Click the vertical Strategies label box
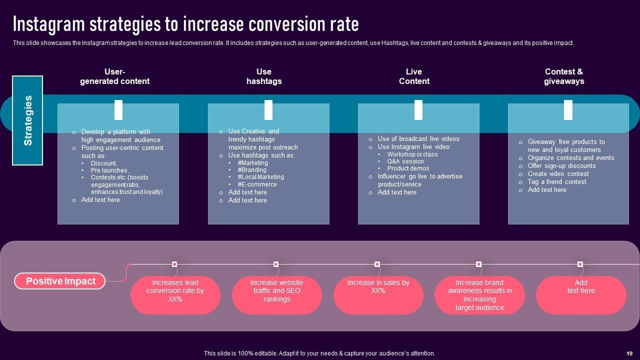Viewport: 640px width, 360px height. pos(27,120)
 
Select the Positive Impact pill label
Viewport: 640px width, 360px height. pos(60,281)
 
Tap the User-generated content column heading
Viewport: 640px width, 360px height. pos(114,76)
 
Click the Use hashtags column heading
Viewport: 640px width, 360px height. pos(264,76)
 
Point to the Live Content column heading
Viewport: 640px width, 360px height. pos(414,76)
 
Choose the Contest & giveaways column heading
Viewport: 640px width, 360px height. pos(564,76)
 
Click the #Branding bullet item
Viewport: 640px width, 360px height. pos(252,170)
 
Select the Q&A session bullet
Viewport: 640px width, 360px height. pos(405,161)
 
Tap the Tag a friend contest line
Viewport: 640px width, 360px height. pos(557,182)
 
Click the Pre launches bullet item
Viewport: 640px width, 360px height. pos(110,170)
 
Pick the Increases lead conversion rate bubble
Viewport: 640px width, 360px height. pos(175,294)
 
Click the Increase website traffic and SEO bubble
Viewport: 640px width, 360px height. pos(276,294)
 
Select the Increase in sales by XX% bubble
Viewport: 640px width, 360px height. pos(378,294)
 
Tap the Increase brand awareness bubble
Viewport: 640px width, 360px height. pos(479,294)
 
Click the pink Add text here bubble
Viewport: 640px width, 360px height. pos(581,294)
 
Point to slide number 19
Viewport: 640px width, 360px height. pos(629,353)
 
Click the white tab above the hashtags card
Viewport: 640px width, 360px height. pos(268,110)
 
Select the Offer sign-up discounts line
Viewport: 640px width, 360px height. pos(561,166)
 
